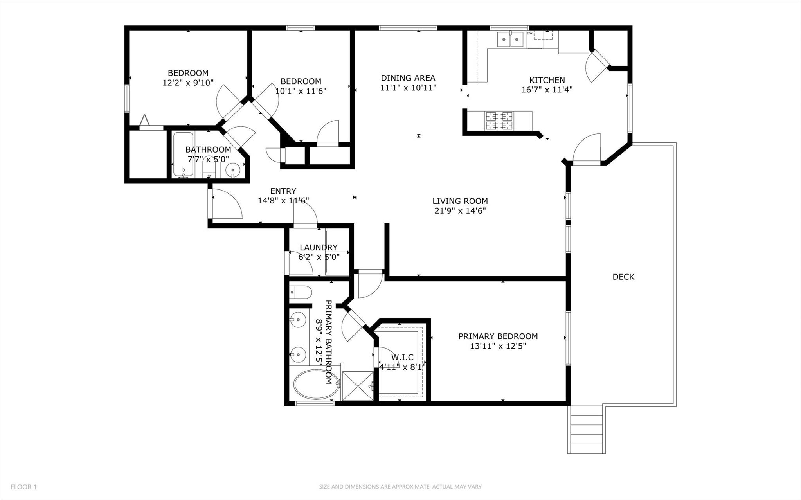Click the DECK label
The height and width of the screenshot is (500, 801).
(x=623, y=277)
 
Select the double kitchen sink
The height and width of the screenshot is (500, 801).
(x=510, y=40)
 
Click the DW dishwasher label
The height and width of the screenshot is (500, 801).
(x=529, y=33)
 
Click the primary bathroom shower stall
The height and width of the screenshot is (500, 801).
(x=358, y=386)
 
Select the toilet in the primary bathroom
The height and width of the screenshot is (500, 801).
(x=301, y=292)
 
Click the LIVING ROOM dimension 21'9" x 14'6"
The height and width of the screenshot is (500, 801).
(x=460, y=211)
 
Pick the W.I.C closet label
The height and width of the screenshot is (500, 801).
(x=402, y=357)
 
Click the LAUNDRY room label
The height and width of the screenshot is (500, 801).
(x=319, y=247)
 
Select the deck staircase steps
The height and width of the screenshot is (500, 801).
(x=586, y=435)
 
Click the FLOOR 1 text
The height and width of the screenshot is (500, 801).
(x=23, y=487)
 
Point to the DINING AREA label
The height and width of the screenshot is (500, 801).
(x=408, y=78)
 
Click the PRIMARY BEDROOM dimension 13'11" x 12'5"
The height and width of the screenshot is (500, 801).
(x=498, y=346)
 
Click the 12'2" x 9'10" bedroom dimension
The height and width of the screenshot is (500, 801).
(x=188, y=83)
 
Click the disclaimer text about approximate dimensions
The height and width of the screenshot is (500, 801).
(x=400, y=487)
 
